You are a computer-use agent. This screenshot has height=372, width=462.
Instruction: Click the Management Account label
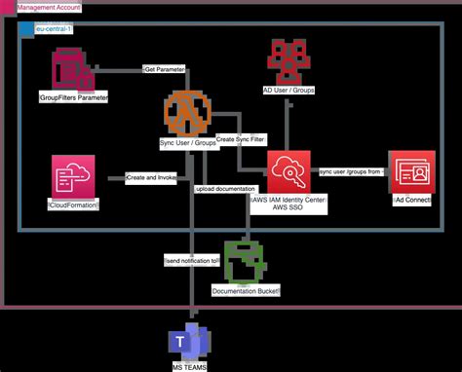(x=49, y=8)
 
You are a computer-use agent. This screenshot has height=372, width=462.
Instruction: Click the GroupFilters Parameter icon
(x=72, y=71)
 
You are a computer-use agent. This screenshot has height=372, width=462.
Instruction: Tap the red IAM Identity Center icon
(x=289, y=172)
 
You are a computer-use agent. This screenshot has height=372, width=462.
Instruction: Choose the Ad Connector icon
(x=411, y=172)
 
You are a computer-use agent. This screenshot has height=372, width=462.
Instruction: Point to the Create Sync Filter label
(x=240, y=139)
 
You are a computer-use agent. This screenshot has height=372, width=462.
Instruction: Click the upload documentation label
(x=226, y=188)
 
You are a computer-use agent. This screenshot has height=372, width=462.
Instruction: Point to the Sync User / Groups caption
(x=188, y=143)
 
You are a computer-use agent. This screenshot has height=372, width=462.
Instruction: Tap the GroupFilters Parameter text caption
(x=73, y=99)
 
